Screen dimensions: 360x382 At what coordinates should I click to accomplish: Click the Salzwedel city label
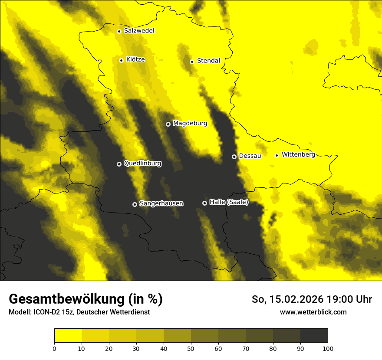(139, 31)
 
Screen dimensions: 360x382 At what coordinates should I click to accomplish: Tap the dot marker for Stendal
(192, 62)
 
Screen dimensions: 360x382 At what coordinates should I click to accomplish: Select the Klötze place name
(135, 59)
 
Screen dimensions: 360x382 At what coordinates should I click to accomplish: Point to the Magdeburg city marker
(168, 124)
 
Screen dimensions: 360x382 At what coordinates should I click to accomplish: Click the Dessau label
(250, 156)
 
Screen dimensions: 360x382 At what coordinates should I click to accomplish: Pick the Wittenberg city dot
(277, 155)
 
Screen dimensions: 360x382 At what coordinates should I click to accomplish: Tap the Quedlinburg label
(142, 164)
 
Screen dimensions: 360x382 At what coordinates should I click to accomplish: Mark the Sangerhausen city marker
(135, 204)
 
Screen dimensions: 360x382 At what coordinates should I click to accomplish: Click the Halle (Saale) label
(229, 202)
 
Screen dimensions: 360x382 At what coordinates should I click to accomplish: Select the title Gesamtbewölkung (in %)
(86, 299)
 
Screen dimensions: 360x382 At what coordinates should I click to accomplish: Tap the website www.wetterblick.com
(313, 312)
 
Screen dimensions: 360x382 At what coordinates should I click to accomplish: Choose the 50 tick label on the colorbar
(191, 349)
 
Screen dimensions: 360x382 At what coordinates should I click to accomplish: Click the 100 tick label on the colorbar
(328, 349)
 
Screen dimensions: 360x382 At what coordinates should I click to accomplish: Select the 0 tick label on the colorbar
(54, 349)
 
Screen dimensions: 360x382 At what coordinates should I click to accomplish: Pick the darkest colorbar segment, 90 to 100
(314, 336)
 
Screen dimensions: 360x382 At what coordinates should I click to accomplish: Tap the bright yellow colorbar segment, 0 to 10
(68, 336)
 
